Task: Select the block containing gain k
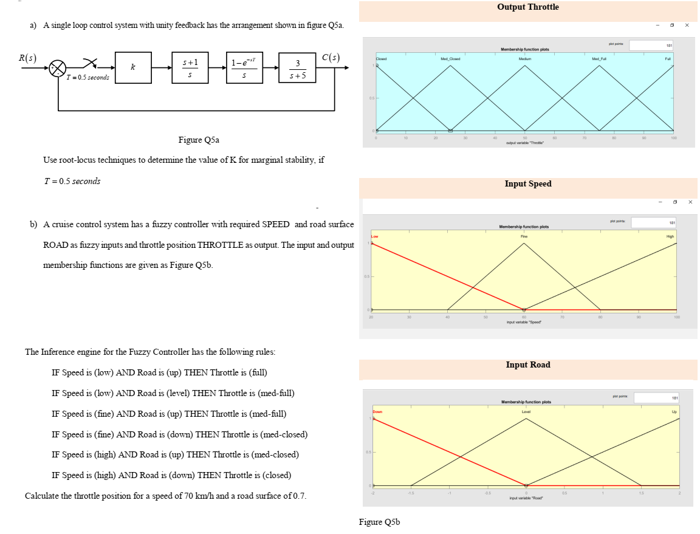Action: click(132, 67)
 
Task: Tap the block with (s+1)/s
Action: click(190, 67)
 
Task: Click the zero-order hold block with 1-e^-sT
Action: click(244, 67)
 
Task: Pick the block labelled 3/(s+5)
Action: click(297, 67)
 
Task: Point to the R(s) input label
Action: click(27, 58)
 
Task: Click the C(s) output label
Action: click(331, 58)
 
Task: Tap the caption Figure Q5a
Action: click(198, 140)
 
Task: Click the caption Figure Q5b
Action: click(379, 522)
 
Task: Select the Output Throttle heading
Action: click(527, 7)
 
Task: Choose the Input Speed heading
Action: click(527, 184)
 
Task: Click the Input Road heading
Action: click(527, 365)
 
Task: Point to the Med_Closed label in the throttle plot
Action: click(450, 59)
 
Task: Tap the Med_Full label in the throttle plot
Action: click(599, 59)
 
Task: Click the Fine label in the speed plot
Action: click(524, 236)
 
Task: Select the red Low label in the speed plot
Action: click(375, 236)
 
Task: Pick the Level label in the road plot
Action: click(526, 412)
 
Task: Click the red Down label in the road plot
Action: click(378, 412)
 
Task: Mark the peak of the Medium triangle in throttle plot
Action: click(525, 65)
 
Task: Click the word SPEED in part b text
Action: click(275, 225)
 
